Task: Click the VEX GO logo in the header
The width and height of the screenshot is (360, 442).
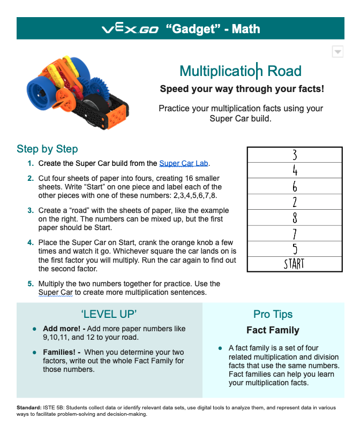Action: click(130, 28)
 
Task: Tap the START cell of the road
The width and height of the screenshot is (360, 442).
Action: click(294, 264)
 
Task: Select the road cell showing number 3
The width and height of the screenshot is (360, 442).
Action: click(294, 155)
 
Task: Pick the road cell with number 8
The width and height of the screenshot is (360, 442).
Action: click(294, 218)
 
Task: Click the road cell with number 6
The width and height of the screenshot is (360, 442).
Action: click(294, 186)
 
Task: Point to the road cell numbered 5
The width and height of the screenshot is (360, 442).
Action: click(294, 249)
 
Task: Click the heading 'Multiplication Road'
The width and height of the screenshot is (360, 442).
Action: click(240, 71)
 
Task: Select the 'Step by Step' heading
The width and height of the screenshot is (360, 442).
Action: click(47, 149)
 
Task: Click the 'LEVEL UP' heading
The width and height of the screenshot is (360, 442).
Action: click(109, 314)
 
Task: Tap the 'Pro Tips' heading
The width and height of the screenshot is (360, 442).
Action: click(273, 314)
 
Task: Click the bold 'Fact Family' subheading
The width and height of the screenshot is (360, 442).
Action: click(273, 330)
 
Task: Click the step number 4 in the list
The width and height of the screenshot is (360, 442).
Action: click(31, 242)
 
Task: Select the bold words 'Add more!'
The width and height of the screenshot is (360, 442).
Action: click(62, 329)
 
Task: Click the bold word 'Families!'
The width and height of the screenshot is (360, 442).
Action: click(62, 352)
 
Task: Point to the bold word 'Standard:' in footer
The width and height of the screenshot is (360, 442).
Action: click(29, 408)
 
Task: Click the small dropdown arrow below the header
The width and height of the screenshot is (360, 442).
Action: click(337, 51)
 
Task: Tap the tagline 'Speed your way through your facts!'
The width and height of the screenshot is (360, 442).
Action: click(242, 89)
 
